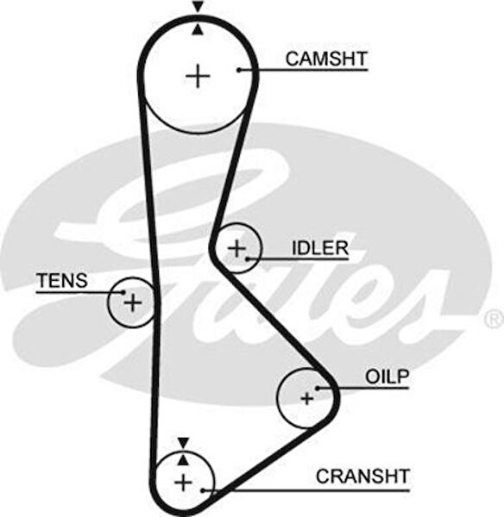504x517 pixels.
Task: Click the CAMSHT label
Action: [x=326, y=59]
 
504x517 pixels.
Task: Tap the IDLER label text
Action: [x=319, y=249]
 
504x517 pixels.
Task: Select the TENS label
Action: [x=61, y=280]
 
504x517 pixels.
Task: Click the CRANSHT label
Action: [x=362, y=476]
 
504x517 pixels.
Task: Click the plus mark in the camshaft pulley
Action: [x=198, y=77]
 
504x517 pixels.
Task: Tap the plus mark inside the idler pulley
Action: [x=236, y=248]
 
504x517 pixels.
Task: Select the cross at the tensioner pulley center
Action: [x=132, y=302]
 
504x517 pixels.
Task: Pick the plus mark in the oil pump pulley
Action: [x=306, y=398]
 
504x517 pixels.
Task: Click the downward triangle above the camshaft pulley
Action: [x=198, y=7]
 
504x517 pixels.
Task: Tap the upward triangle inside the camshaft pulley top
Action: [x=198, y=29]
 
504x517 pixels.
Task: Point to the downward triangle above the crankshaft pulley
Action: [x=183, y=443]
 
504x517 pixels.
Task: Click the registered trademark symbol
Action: [x=493, y=320]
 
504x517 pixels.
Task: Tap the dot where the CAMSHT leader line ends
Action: [x=239, y=69]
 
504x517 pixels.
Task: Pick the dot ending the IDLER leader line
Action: [x=248, y=258]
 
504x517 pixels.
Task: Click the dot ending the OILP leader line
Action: [x=318, y=389]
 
